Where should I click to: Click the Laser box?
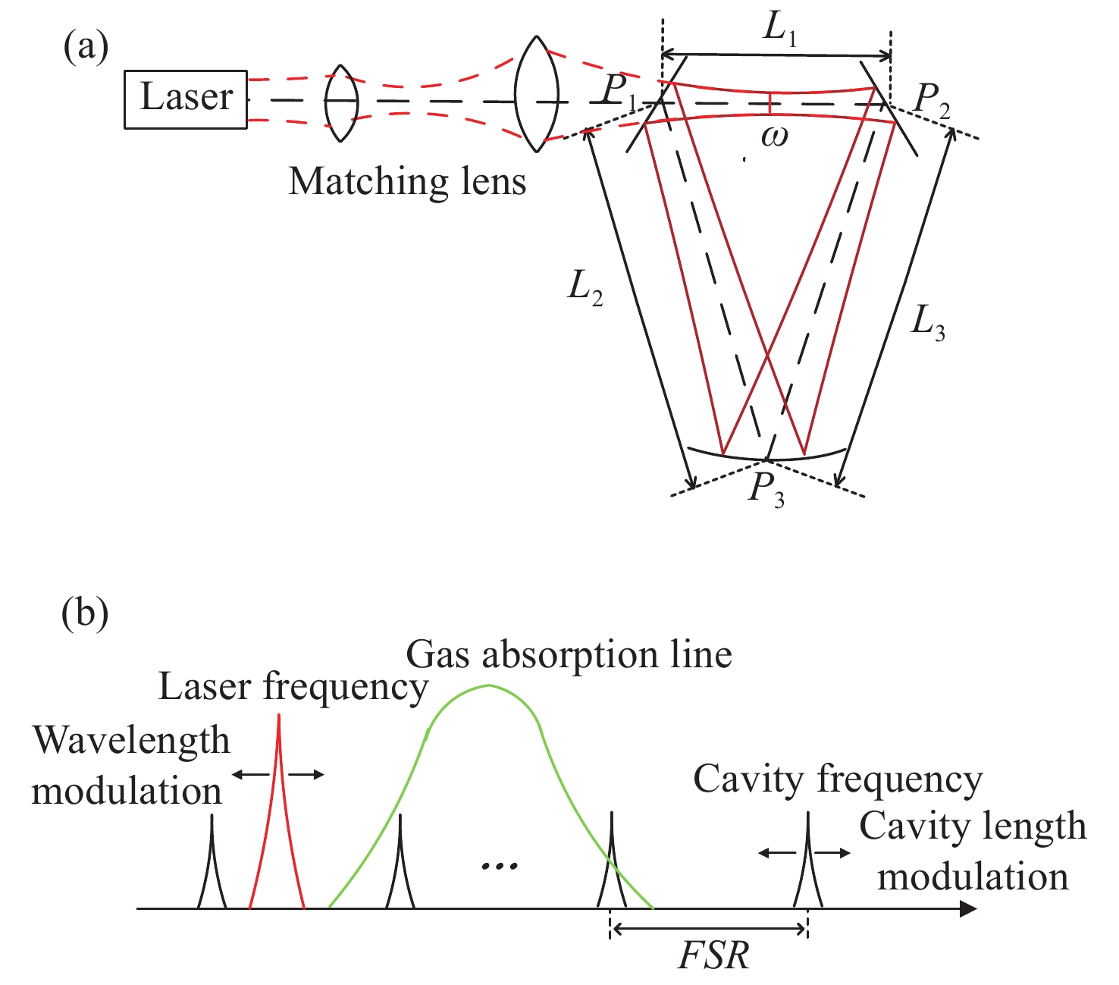click(186, 99)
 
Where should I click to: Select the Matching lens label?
click(407, 182)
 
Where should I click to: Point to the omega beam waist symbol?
click(774, 136)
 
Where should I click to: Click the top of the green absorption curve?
click(487, 686)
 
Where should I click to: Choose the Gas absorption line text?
click(569, 654)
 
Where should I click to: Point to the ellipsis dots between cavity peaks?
click(500, 865)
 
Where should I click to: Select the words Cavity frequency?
click(838, 780)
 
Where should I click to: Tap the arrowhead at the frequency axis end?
click(968, 908)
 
